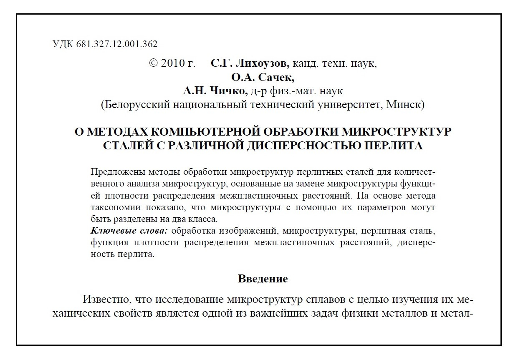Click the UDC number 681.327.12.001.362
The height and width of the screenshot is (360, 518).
point(117,44)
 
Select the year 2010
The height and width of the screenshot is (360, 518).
point(172,64)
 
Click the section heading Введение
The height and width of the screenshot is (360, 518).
point(263,279)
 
